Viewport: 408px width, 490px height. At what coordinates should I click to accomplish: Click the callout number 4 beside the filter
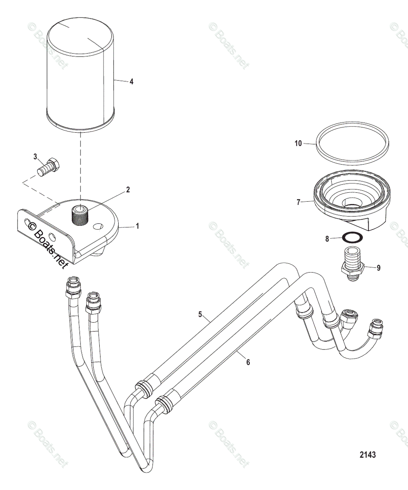tap(131, 82)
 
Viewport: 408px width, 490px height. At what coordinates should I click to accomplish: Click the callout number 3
tap(35, 157)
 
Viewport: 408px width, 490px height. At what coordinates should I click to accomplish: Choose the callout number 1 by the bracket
tap(137, 226)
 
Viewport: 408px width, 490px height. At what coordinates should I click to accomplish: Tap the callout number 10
tap(298, 143)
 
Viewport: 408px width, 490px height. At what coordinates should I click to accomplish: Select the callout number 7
tap(298, 202)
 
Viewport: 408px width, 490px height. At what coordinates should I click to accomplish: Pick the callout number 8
tap(327, 239)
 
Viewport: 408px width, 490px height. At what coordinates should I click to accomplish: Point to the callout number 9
tap(379, 268)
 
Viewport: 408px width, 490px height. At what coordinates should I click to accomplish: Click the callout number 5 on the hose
tap(200, 314)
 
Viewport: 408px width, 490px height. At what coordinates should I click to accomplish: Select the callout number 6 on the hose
tap(247, 361)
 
